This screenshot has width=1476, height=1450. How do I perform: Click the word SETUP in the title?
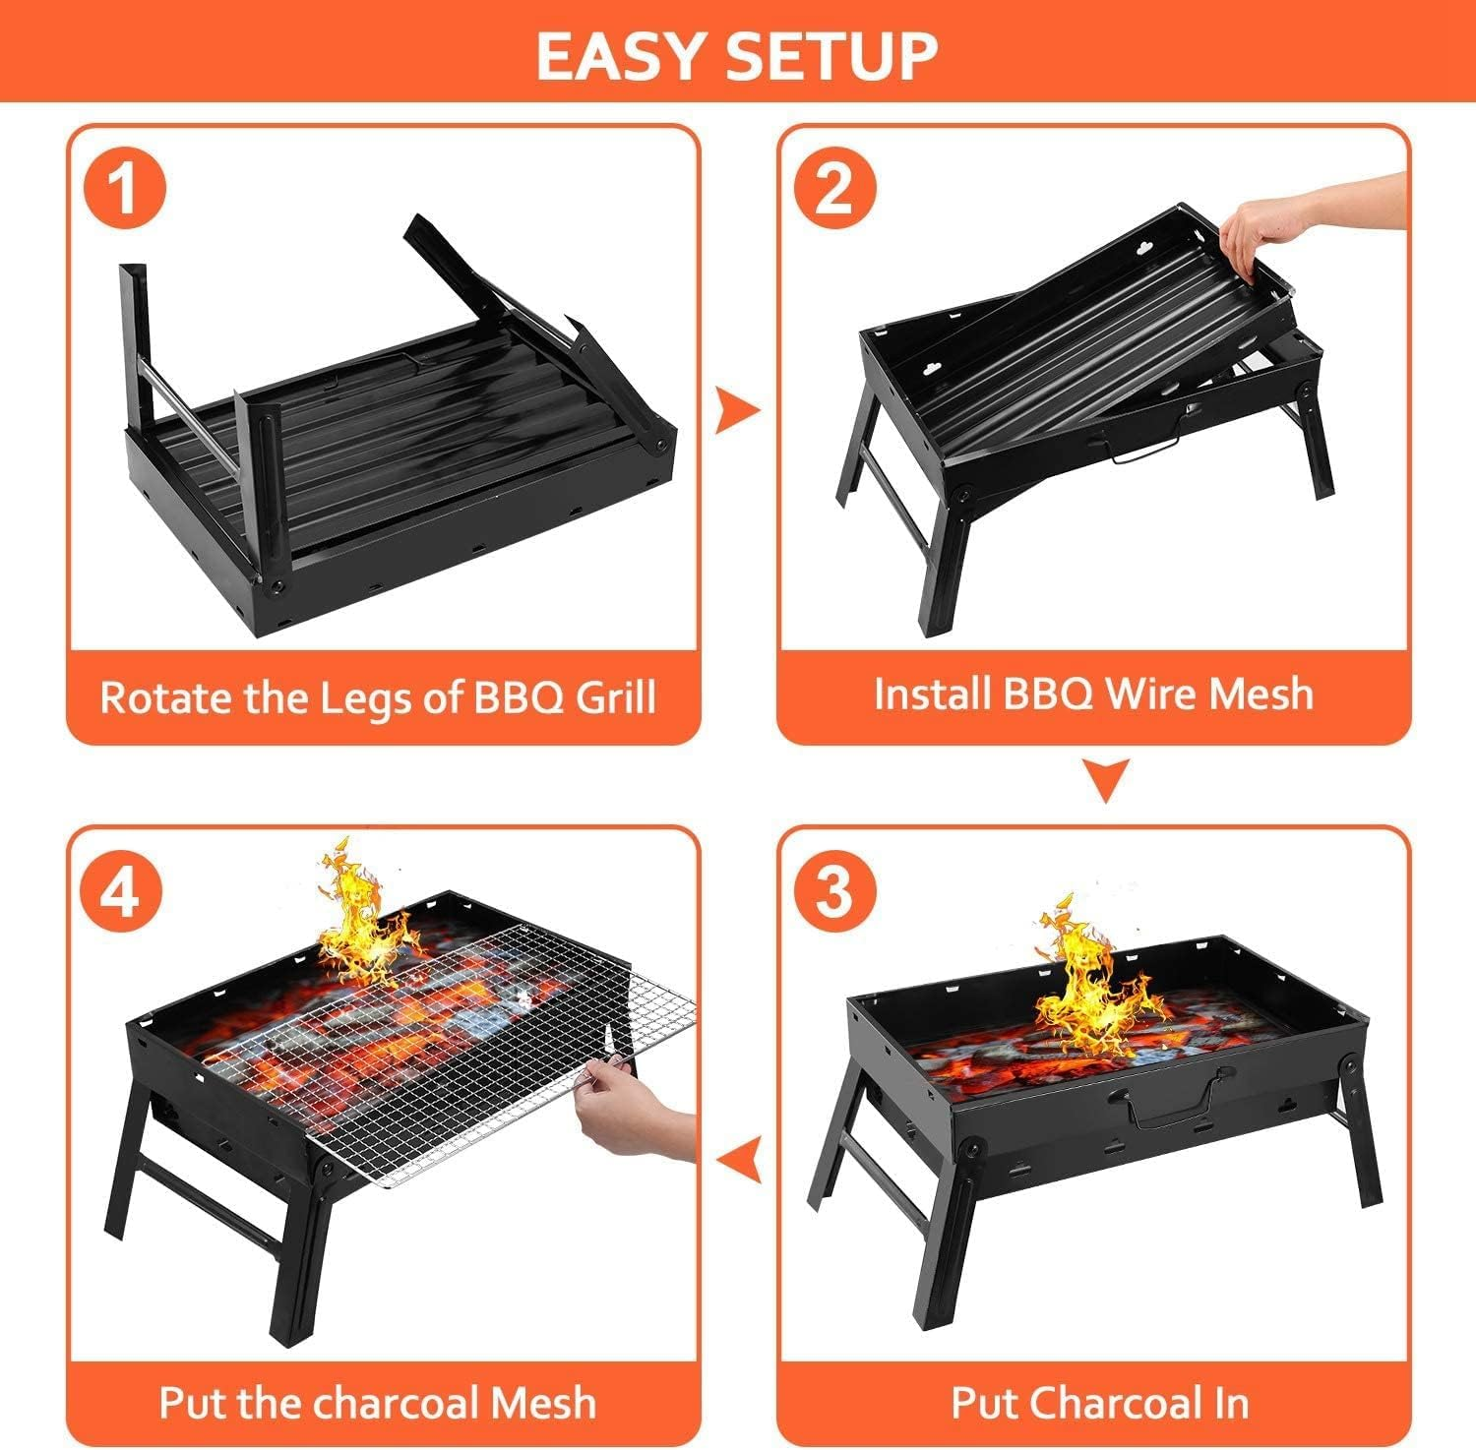click(x=831, y=56)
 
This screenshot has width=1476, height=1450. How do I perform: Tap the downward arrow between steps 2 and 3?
click(x=1106, y=779)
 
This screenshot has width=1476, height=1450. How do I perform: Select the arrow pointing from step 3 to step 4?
click(x=739, y=1160)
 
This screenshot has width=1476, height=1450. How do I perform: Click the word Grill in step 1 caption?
click(x=615, y=697)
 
